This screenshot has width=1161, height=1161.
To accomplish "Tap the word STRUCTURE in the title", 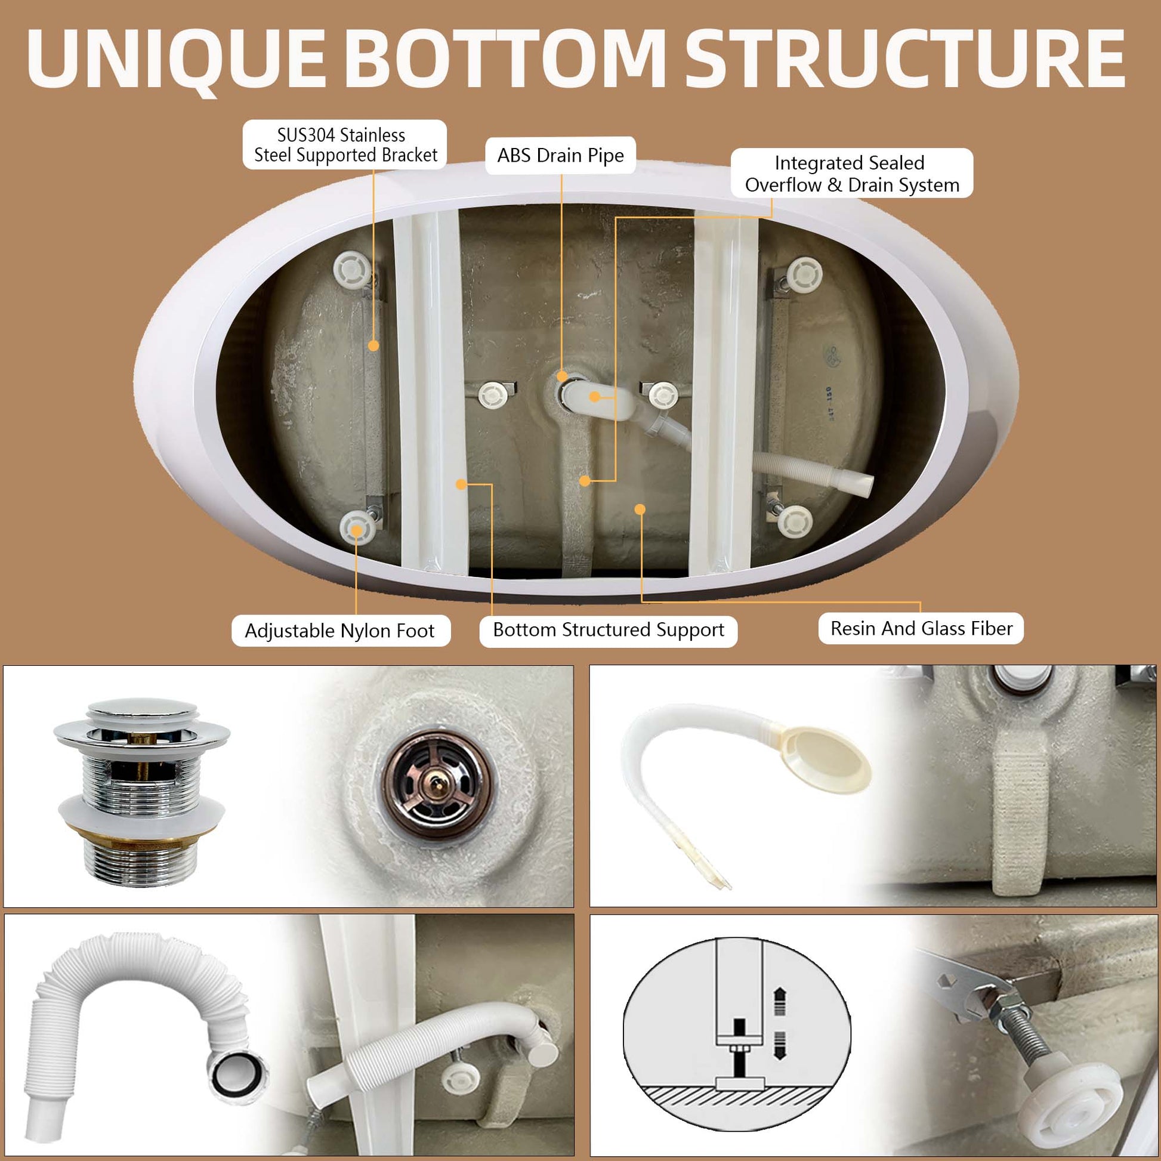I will [x=904, y=58].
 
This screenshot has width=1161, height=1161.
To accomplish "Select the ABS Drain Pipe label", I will [x=560, y=156].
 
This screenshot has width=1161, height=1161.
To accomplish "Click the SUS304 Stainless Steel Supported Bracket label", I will [x=345, y=145].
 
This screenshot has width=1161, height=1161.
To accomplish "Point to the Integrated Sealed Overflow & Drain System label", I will [x=851, y=174].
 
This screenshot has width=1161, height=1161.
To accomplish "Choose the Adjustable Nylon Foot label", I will [x=339, y=631].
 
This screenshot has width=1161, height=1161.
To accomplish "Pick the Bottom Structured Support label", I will [x=608, y=630].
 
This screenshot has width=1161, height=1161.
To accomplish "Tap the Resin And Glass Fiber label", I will [x=921, y=629].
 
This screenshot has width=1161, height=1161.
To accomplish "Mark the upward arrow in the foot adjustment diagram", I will [x=779, y=999].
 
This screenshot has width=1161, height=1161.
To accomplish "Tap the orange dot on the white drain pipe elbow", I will [x=594, y=397].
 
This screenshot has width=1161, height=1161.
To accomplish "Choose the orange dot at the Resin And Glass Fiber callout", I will [x=640, y=510].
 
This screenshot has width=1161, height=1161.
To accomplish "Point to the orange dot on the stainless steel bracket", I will [x=373, y=345].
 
